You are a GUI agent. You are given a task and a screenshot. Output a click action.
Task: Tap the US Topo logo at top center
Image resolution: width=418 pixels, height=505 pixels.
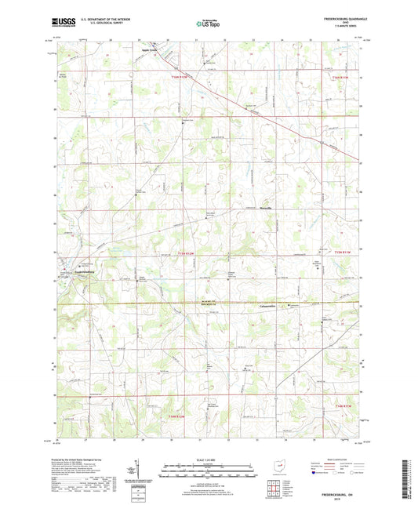tap(208, 24)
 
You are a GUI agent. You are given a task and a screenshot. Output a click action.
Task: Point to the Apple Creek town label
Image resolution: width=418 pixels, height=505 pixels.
tap(149, 53)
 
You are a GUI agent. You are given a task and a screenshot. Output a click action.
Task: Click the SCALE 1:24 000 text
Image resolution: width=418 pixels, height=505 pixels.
tap(208, 460)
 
